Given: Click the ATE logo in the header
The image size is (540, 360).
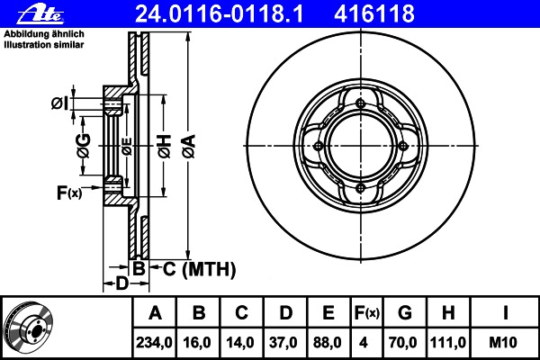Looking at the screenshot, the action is click(x=40, y=14).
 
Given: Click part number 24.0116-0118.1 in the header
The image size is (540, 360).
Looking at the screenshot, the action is click(x=220, y=13).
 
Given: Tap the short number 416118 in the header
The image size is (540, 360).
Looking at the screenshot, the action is click(x=374, y=13).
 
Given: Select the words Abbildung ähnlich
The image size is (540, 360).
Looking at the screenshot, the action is click(x=44, y=34).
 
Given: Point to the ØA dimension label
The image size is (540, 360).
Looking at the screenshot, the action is click(x=189, y=146).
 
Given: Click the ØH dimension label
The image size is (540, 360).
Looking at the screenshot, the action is click(x=165, y=147).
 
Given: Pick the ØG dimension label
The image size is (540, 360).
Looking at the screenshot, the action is click(x=84, y=146).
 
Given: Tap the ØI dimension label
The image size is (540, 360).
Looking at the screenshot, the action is click(x=60, y=103).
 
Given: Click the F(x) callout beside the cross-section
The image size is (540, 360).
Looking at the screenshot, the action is click(x=69, y=193).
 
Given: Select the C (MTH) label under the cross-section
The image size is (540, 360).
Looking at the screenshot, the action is click(x=199, y=269).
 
